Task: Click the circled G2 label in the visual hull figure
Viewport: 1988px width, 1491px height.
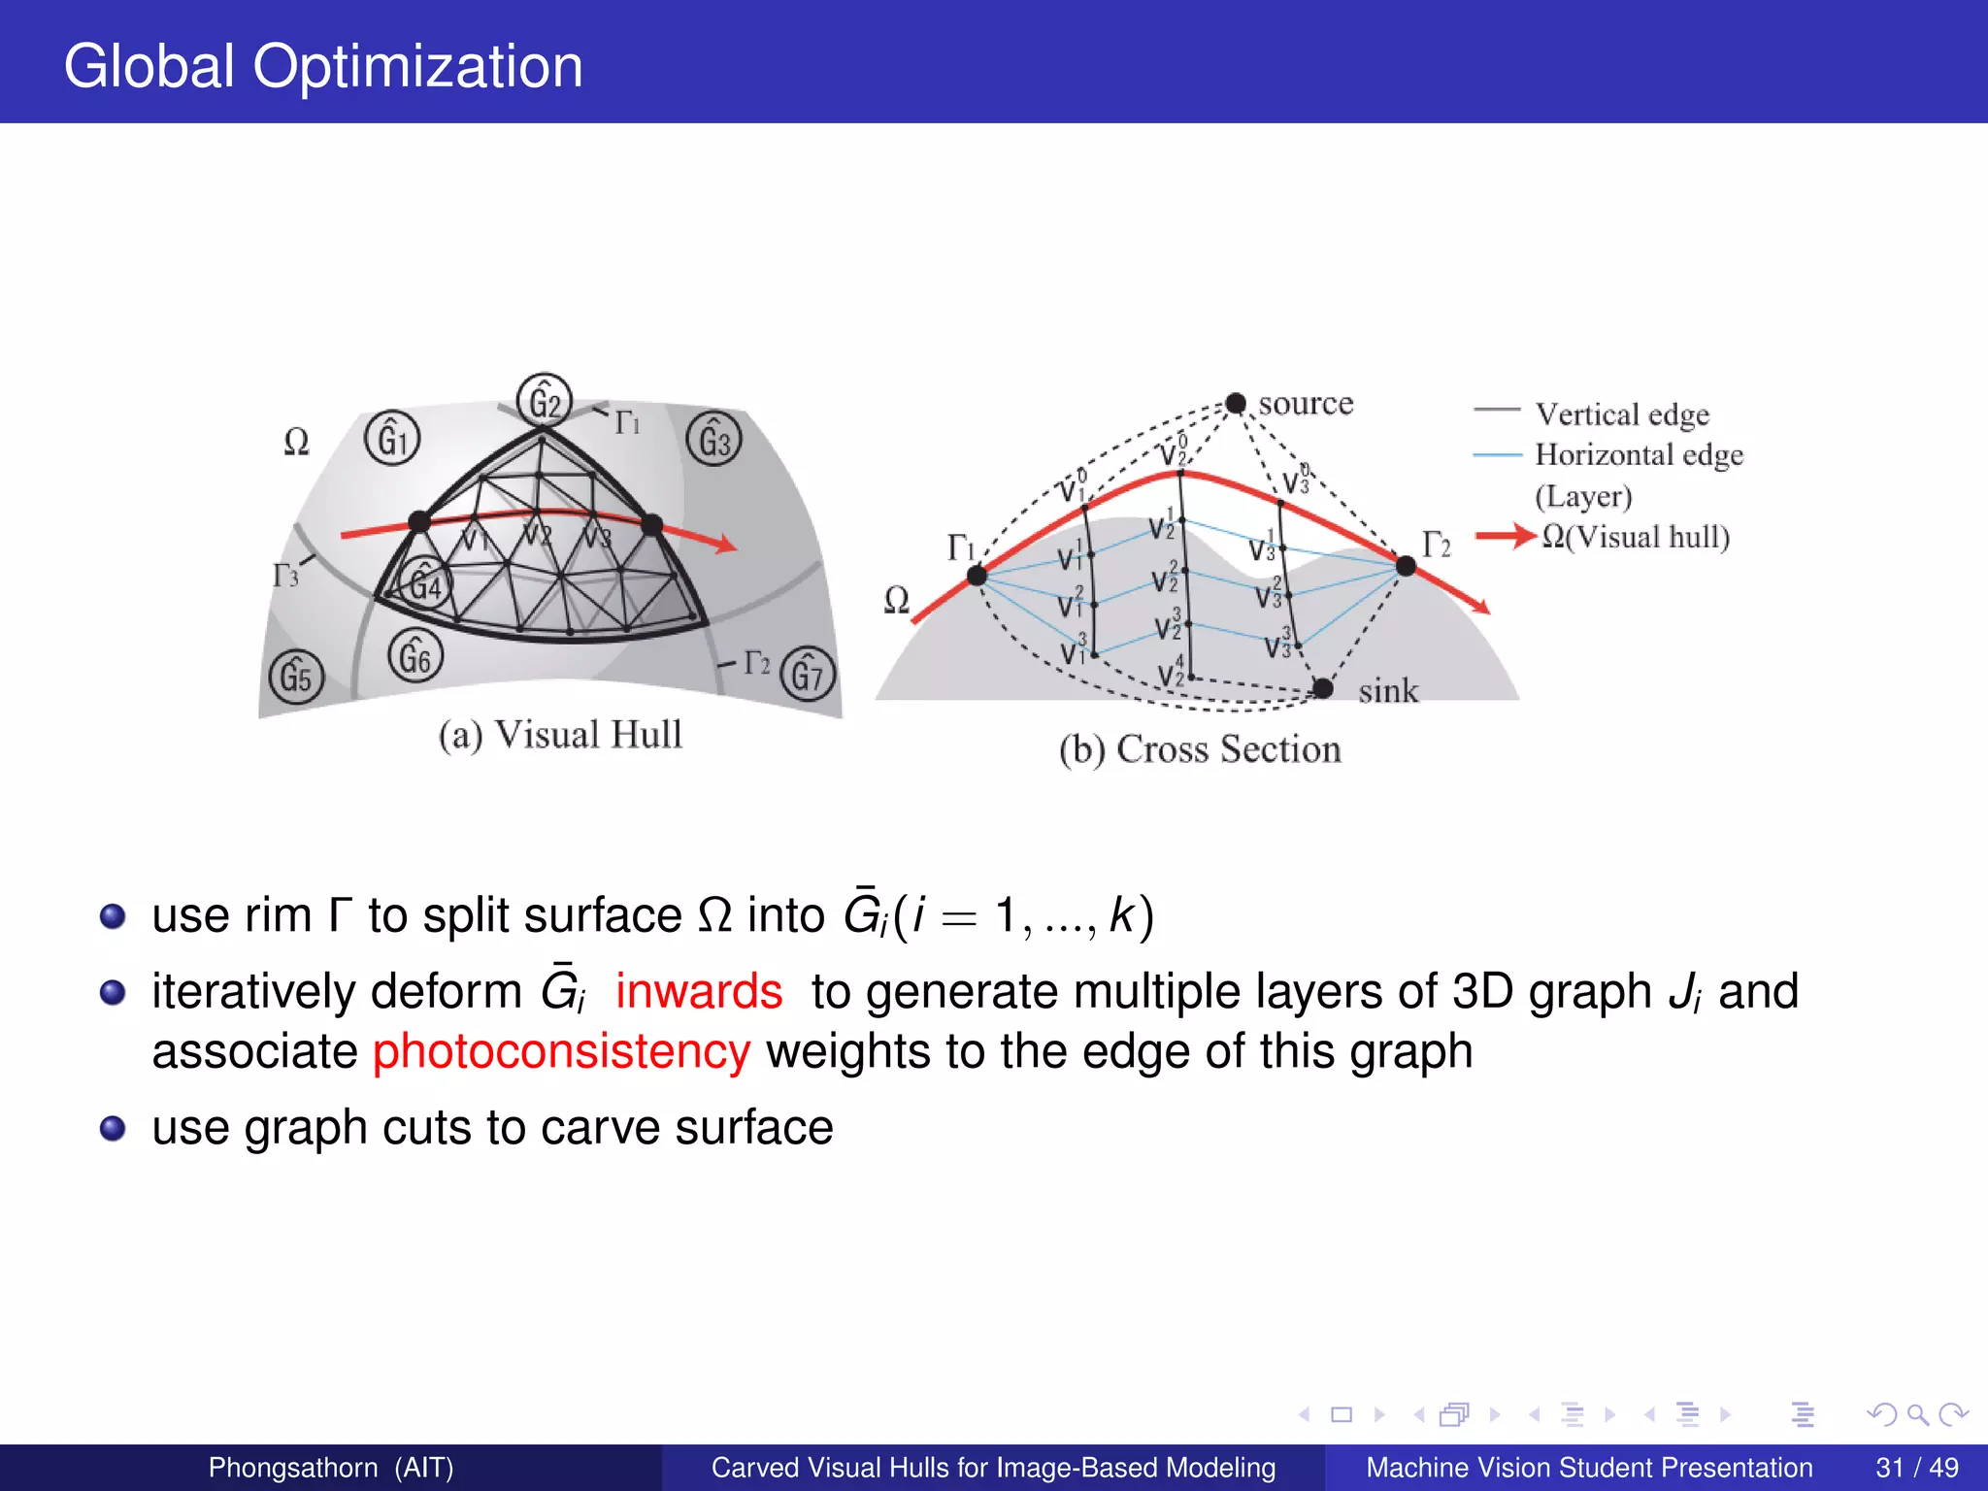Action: (544, 401)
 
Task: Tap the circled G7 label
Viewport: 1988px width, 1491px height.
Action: (807, 674)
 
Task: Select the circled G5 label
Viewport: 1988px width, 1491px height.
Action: (296, 677)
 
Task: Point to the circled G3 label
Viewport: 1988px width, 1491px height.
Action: (713, 440)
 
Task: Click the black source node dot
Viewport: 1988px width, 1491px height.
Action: (1236, 403)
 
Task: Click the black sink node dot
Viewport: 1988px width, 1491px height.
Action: (1322, 688)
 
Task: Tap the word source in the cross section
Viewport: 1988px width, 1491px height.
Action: (1306, 403)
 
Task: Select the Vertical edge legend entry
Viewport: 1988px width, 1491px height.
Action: (1621, 414)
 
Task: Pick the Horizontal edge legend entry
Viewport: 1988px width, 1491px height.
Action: (1639, 454)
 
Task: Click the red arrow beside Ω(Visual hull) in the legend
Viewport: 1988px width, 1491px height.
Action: (1505, 535)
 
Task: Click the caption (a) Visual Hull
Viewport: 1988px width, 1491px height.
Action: (560, 735)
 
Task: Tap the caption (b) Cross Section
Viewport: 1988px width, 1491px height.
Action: (1200, 749)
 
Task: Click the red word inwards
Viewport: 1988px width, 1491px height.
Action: (699, 992)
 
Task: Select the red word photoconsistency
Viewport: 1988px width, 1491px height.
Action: (561, 1052)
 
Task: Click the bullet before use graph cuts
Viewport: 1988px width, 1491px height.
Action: (114, 1128)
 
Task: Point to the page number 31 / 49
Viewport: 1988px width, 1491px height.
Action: (1916, 1467)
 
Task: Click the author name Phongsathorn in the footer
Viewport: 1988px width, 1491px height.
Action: (293, 1467)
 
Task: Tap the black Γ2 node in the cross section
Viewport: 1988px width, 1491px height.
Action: (1405, 565)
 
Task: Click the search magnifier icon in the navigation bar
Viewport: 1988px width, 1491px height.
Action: (1917, 1414)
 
